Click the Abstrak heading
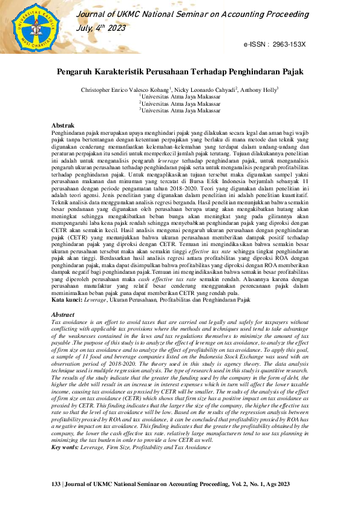(64, 125)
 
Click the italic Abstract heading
(64, 316)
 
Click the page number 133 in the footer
(57, 485)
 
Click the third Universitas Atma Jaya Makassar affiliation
(182, 111)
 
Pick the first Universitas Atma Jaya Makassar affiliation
(182, 96)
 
